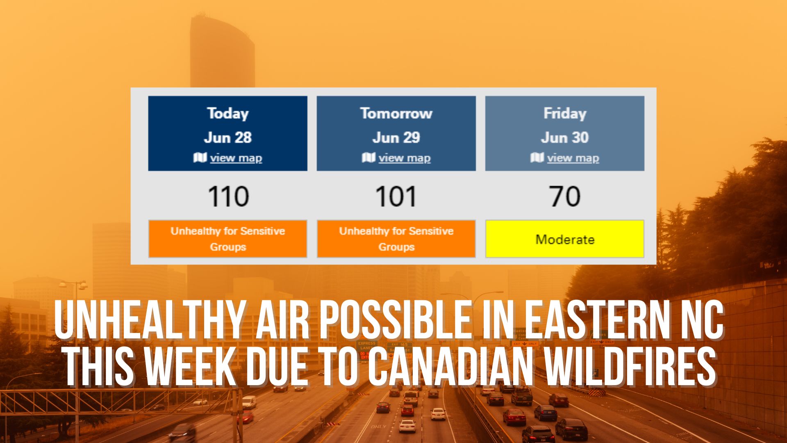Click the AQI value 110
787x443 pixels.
point(228,196)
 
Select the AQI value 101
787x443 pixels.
point(396,196)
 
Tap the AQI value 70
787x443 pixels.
point(565,196)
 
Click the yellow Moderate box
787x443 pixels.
point(565,239)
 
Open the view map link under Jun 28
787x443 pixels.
point(236,158)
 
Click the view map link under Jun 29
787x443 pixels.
point(404,158)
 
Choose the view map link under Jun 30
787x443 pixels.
point(573,158)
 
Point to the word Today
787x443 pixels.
point(228,113)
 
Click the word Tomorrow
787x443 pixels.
point(396,113)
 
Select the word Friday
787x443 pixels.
point(565,113)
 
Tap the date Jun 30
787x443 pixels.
point(565,137)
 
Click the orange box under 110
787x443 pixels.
point(228,239)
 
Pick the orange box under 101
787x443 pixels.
point(396,239)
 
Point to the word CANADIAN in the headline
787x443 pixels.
point(451,366)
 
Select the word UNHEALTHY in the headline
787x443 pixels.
point(150,320)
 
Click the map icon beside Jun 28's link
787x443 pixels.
point(200,158)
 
